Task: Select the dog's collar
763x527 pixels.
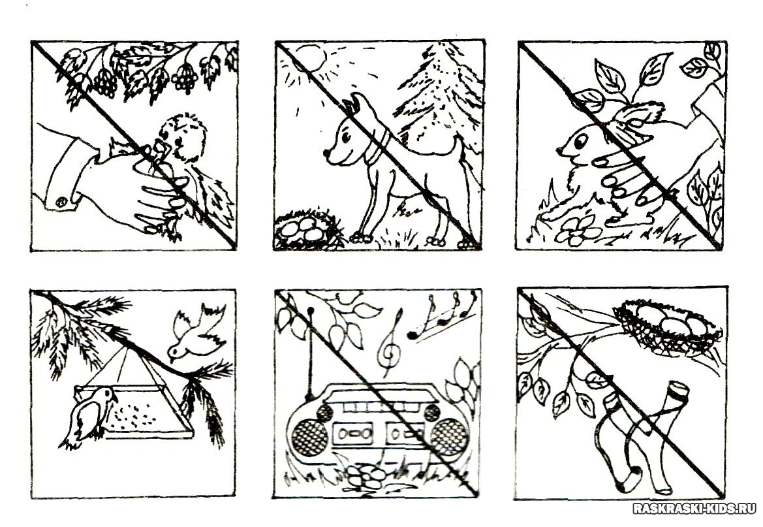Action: coord(380,143)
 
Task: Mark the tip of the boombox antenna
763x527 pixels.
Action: coord(309,309)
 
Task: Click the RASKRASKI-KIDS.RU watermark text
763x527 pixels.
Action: coord(694,509)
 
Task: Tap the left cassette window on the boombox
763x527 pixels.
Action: coord(354,434)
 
